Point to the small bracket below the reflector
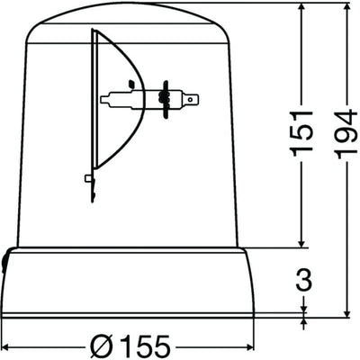click(89, 179)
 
